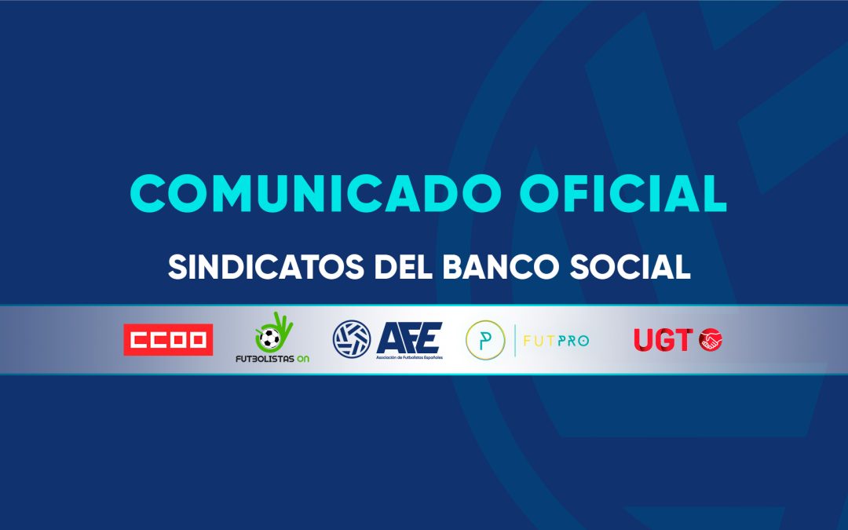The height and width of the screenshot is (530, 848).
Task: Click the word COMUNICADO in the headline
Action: (x=316, y=193)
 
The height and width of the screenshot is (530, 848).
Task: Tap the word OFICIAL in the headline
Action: (x=623, y=193)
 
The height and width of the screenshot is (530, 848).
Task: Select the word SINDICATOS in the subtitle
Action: (x=265, y=267)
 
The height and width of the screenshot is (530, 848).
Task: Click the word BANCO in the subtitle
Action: (x=501, y=267)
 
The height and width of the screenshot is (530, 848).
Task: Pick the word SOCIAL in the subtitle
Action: (x=630, y=267)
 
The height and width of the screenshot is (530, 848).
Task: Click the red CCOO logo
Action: (x=168, y=340)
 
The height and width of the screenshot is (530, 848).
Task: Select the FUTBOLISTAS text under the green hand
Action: (x=265, y=359)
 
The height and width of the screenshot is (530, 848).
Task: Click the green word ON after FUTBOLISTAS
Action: (x=303, y=359)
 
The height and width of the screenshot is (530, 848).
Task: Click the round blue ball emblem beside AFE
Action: (x=352, y=340)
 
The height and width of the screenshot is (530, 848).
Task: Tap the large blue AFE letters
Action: (x=409, y=338)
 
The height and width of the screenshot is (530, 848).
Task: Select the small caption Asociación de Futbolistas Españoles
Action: (x=409, y=358)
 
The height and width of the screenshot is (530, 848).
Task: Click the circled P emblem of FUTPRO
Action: (x=485, y=340)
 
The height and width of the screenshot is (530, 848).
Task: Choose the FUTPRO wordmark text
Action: (x=556, y=341)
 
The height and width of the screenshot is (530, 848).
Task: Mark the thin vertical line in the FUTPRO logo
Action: (x=514, y=341)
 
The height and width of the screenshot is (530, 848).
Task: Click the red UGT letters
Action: (x=663, y=340)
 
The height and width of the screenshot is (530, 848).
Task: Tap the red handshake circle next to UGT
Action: (x=710, y=340)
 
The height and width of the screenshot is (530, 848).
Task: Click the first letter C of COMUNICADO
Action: (x=147, y=193)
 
